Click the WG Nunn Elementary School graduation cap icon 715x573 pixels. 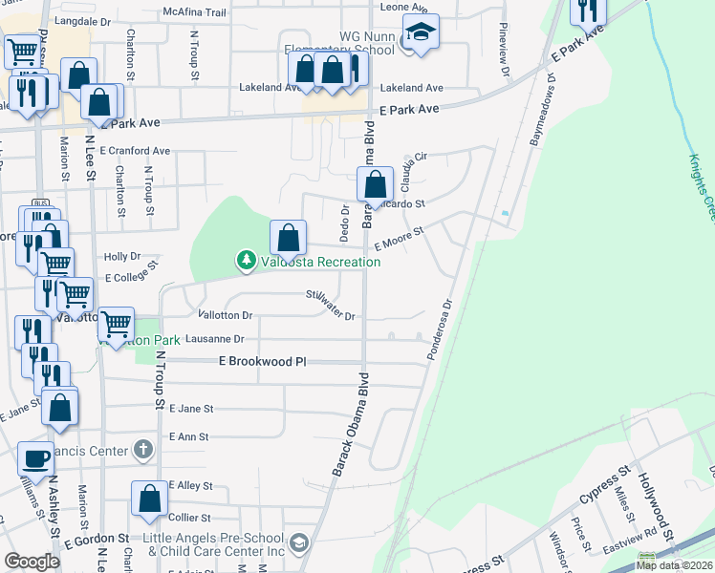tap(420, 32)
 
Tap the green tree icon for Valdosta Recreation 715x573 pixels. tap(247, 260)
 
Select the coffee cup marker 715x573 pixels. tap(37, 457)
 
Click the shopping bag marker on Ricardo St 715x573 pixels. tap(377, 183)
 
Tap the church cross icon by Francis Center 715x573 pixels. tap(142, 448)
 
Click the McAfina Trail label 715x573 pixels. tap(194, 12)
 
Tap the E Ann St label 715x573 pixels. tap(187, 435)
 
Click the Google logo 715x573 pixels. tap(32, 562)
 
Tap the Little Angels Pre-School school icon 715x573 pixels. tap(298, 542)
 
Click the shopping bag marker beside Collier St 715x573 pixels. tap(149, 498)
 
